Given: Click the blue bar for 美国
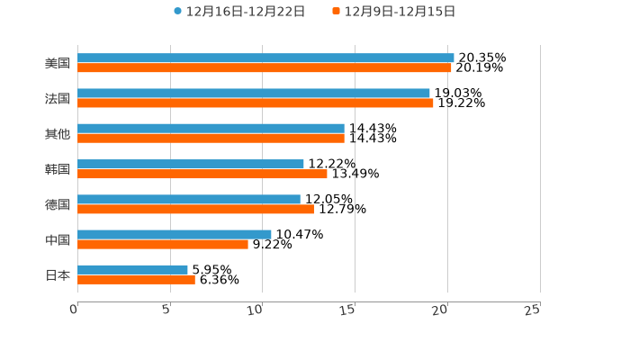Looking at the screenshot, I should pyautogui.click(x=265, y=58).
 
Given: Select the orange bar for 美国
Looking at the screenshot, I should pyautogui.click(x=265, y=67).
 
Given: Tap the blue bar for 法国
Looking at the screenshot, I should pyautogui.click(x=254, y=93).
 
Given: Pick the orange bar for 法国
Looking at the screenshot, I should pyautogui.click(x=256, y=103).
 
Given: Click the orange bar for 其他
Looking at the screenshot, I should pyautogui.click(x=211, y=139).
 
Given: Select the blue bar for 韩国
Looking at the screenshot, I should pyautogui.click(x=191, y=164).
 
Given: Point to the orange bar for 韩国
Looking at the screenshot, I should pyautogui.click(x=202, y=174).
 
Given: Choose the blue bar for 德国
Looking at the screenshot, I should pyautogui.click(x=189, y=199).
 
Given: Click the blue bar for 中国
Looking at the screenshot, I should pyautogui.click(x=175, y=234).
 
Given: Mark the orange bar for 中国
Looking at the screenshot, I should pyautogui.click(x=163, y=244).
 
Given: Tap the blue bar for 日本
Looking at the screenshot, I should pyautogui.click(x=132, y=269).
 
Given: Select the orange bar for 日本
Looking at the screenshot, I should pyautogui.click(x=136, y=279).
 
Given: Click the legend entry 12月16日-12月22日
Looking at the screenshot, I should pyautogui.click(x=239, y=12).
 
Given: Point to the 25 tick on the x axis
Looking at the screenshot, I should pyautogui.click(x=533, y=310).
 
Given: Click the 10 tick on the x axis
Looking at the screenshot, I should pyautogui.click(x=256, y=310).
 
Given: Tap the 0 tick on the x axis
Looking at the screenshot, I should pyautogui.click(x=74, y=310).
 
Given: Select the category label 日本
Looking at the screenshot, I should pyautogui.click(x=58, y=274).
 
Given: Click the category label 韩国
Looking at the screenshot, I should pyautogui.click(x=58, y=169).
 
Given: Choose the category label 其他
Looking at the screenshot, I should pyautogui.click(x=58, y=134).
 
